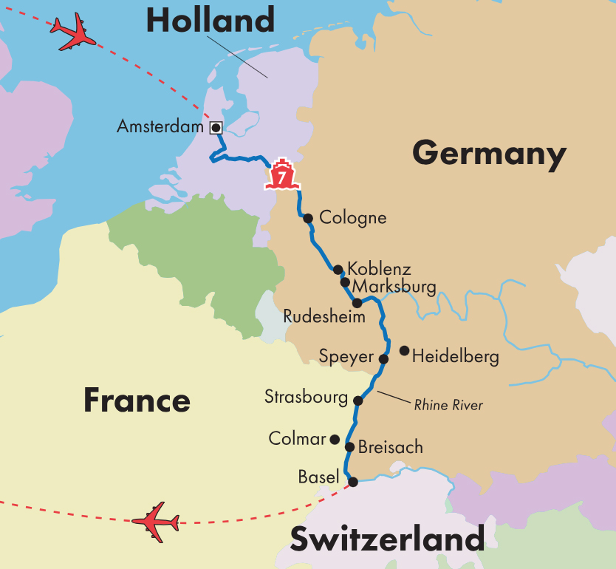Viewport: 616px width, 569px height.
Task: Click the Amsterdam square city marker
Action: point(216,128)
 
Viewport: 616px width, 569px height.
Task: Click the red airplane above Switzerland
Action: point(156,522)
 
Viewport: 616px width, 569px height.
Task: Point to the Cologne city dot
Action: point(308,218)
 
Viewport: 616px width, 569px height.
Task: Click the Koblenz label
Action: point(379,268)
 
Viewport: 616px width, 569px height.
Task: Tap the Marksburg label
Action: point(394,286)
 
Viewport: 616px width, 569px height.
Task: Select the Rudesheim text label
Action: point(324,317)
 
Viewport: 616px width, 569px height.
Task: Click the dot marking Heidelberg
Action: point(404,350)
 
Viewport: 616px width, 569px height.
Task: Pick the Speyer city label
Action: point(346,357)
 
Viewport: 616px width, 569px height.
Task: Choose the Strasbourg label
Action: point(306,398)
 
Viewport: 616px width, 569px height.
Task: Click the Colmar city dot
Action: point(335,439)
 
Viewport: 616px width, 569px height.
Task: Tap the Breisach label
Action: point(391,447)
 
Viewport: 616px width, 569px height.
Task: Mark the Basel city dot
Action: point(353,482)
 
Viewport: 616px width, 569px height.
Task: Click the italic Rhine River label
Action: point(448,405)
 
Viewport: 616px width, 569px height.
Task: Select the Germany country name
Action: point(489,154)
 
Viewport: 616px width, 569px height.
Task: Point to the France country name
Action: point(137,400)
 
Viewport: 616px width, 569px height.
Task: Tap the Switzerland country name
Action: point(388,539)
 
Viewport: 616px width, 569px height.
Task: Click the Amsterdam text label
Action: point(160,127)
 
